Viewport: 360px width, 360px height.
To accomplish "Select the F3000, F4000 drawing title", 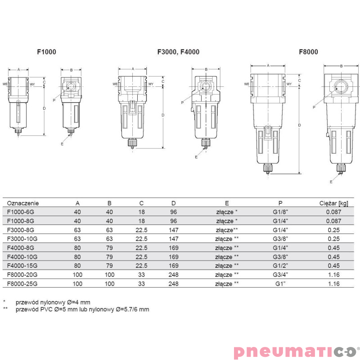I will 178,52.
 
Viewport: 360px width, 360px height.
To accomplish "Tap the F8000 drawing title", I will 308,52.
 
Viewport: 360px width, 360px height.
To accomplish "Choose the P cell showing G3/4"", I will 281,275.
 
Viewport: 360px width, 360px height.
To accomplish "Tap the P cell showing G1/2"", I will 281,266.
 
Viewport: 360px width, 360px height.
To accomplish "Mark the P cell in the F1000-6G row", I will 281,212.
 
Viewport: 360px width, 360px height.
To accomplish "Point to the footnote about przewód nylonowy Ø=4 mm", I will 49,302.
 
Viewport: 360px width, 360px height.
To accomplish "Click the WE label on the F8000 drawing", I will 247,84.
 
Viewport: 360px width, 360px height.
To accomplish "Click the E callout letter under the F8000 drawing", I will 331,182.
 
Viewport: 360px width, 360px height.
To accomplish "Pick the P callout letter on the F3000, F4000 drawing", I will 182,103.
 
